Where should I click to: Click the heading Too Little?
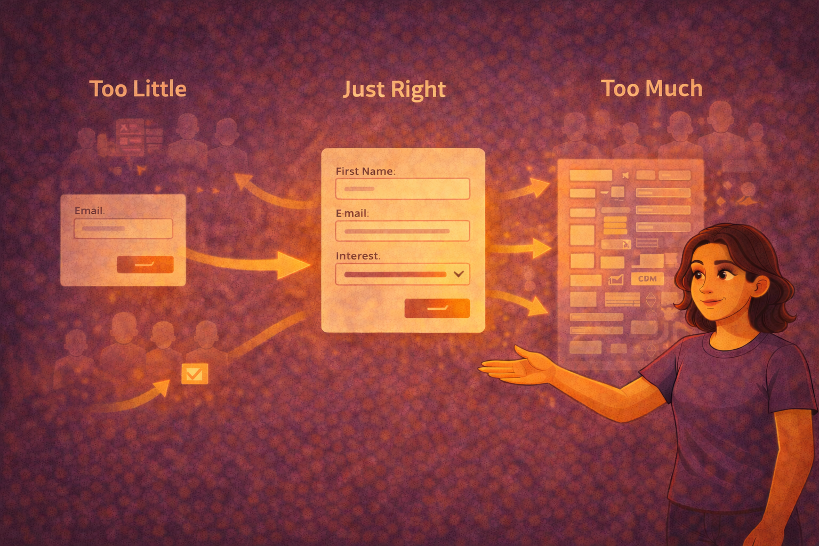[x=138, y=89]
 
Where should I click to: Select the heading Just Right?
[x=394, y=90]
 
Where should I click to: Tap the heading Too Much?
[x=652, y=89]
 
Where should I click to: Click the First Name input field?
[x=402, y=189]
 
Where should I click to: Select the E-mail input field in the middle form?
[x=402, y=231]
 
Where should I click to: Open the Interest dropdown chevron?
[x=459, y=274]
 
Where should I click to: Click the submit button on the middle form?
[x=437, y=308]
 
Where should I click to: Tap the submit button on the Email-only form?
[x=145, y=264]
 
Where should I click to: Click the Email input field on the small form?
[x=123, y=229]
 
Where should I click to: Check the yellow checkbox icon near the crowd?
[x=194, y=374]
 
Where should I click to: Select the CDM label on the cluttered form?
[x=647, y=279]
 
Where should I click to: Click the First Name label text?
[x=365, y=171]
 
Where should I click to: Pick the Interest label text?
[x=357, y=256]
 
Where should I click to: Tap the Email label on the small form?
[x=89, y=211]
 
